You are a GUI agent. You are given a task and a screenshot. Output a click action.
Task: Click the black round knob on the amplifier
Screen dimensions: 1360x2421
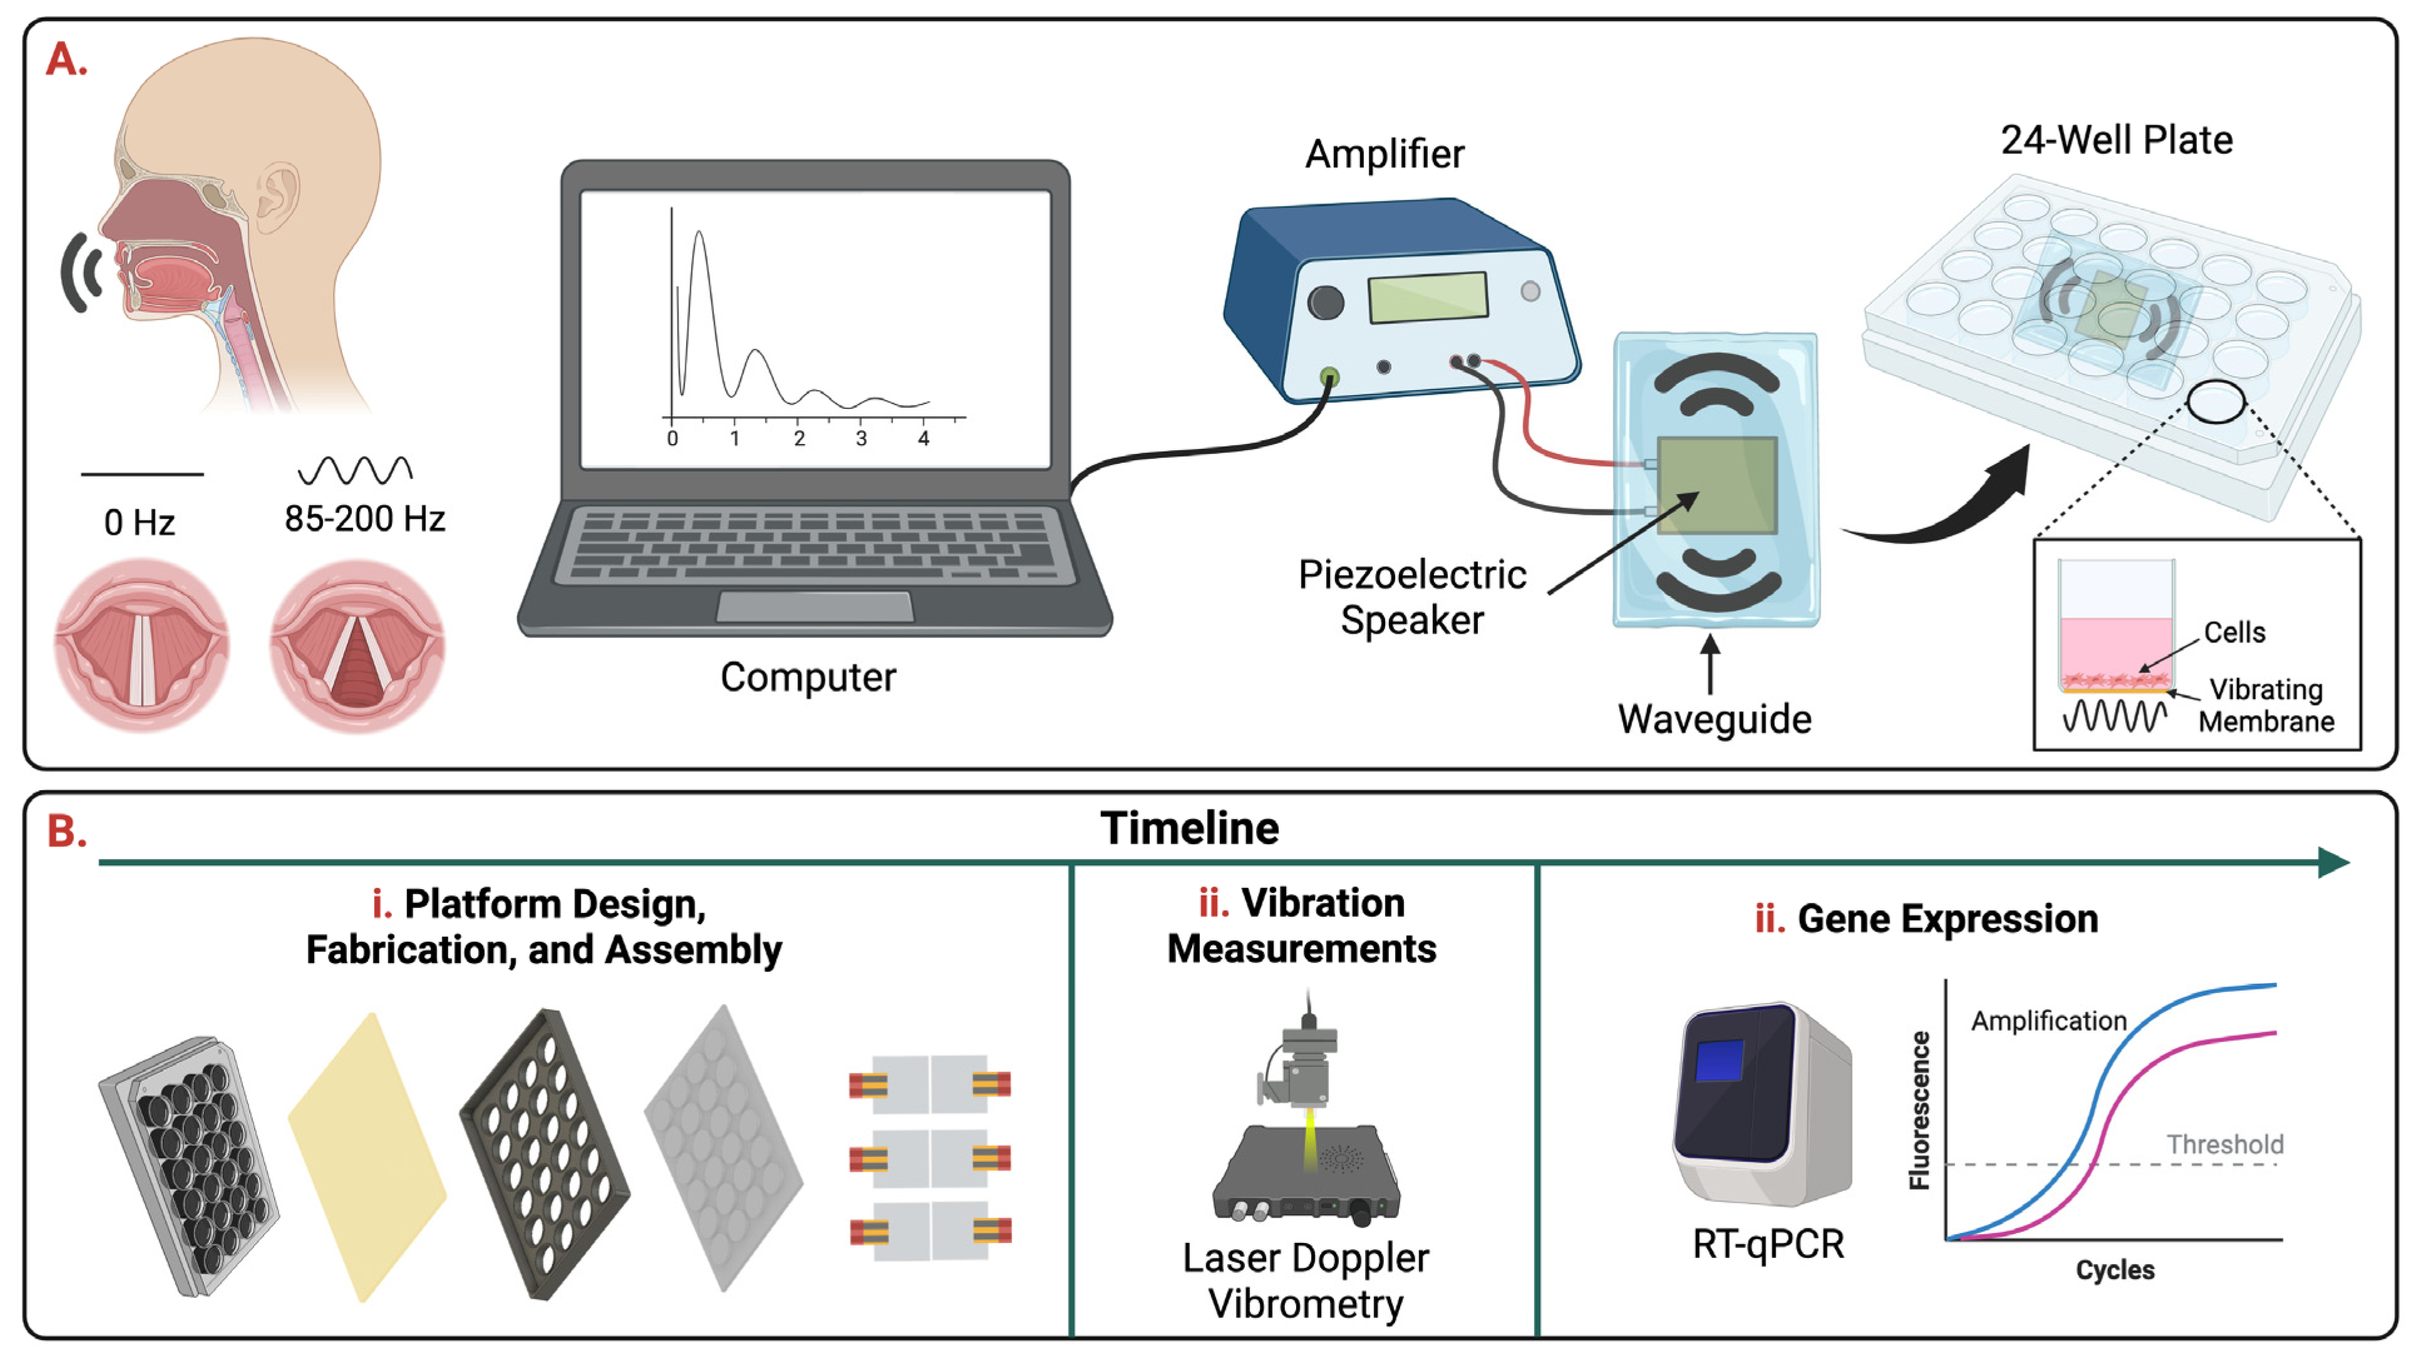pyautogui.click(x=1325, y=302)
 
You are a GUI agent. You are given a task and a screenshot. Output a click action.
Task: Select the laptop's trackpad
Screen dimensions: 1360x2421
pyautogui.click(x=814, y=606)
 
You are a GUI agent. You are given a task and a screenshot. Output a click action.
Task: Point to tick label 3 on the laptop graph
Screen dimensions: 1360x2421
pyautogui.click(x=861, y=439)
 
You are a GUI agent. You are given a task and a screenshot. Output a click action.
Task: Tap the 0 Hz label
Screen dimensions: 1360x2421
pyautogui.click(x=139, y=523)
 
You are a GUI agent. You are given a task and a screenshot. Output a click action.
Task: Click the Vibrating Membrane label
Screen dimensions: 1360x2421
pyautogui.click(x=2266, y=706)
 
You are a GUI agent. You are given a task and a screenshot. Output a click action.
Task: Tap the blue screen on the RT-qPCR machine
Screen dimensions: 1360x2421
pyautogui.click(x=1719, y=1060)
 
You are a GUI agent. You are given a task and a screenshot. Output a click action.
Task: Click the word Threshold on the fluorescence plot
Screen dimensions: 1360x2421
pyautogui.click(x=2224, y=1145)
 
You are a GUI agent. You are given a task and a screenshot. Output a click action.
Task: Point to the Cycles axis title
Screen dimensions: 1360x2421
pyautogui.click(x=2114, y=1270)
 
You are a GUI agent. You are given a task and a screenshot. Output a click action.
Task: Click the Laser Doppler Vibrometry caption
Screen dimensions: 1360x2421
pyautogui.click(x=1306, y=1280)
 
